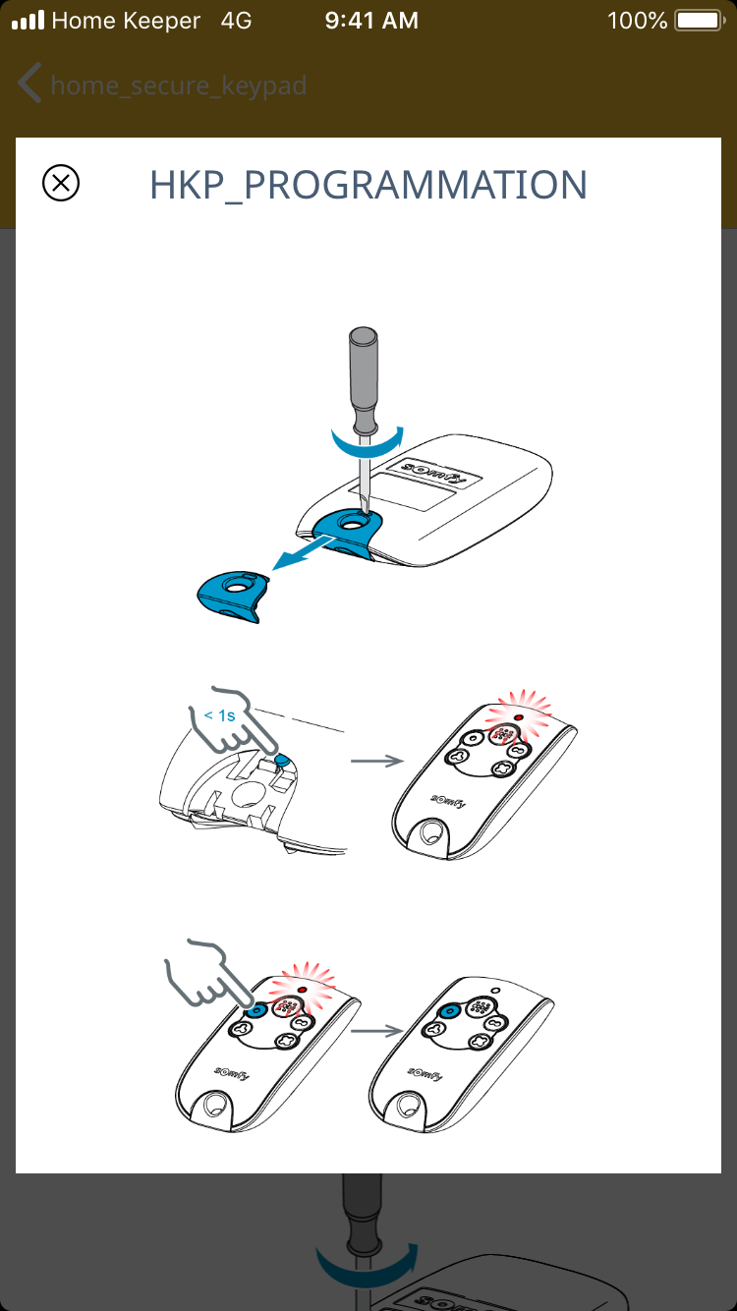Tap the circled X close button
click(61, 183)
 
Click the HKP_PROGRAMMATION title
click(368, 186)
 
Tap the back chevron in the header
click(29, 83)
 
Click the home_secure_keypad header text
click(179, 85)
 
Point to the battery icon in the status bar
click(700, 21)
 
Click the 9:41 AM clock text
click(371, 21)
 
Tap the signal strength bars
click(28, 20)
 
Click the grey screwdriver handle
click(363, 379)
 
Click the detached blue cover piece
click(234, 596)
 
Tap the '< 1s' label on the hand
click(219, 715)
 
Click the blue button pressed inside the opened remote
click(282, 760)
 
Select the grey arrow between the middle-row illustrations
click(377, 761)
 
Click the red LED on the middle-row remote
click(518, 716)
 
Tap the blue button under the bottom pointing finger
click(255, 1010)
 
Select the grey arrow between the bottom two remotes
click(377, 1031)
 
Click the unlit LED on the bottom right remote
click(496, 991)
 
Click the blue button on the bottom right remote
click(450, 1010)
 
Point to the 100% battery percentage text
click(637, 21)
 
